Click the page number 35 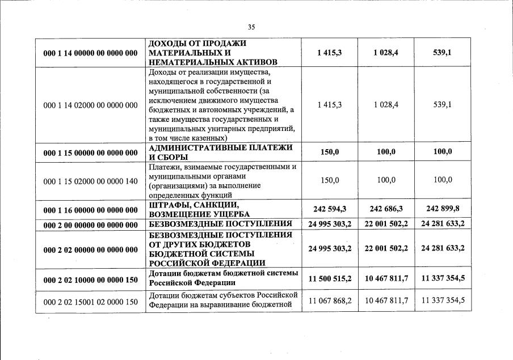tap(251, 27)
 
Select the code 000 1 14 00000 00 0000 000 tap(91, 53)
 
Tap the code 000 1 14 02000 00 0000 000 tap(91, 105)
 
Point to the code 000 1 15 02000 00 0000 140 tap(91, 180)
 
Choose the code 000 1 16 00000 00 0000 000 tap(91, 210)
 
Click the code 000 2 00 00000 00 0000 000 tap(91, 225)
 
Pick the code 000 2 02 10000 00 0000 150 tap(91, 279)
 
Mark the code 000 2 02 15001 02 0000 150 tap(91, 302)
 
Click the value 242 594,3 tap(329, 209)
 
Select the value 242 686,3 tap(386, 209)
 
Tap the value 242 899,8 tap(442, 209)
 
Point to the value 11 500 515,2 tap(329, 278)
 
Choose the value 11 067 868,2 tap(329, 300)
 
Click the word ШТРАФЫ tap(169, 205)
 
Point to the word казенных tap(207, 138)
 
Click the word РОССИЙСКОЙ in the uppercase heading tap(176, 262)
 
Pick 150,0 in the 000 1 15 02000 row tap(329, 180)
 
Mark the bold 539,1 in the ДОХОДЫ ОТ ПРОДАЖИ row tap(442, 52)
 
